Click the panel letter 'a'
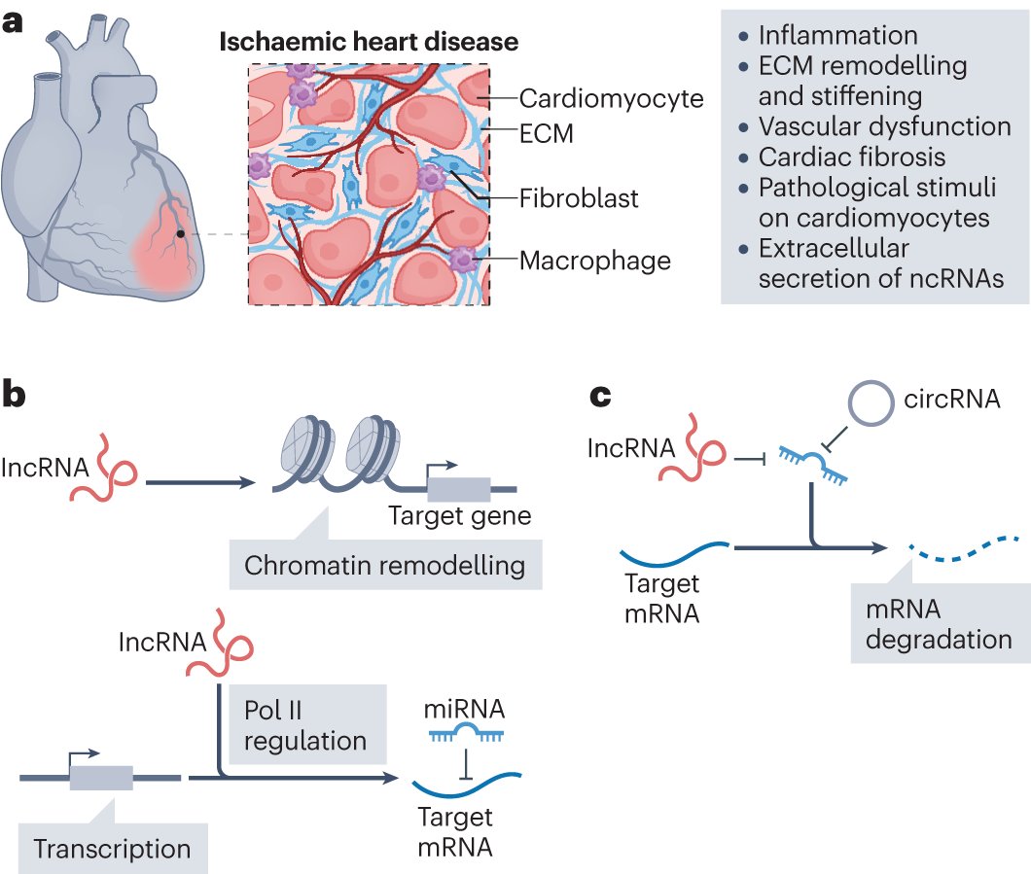(x=14, y=21)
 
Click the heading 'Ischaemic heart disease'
(x=368, y=42)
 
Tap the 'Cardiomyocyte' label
(x=611, y=98)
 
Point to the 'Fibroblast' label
(x=579, y=198)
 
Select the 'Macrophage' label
(x=595, y=260)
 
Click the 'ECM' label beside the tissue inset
(x=547, y=132)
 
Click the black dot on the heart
(x=180, y=234)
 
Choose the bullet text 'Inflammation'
(x=837, y=36)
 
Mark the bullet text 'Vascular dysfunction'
(x=884, y=126)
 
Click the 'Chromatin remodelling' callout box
(x=384, y=565)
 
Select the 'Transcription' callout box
(x=112, y=848)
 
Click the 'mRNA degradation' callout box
(x=939, y=624)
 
